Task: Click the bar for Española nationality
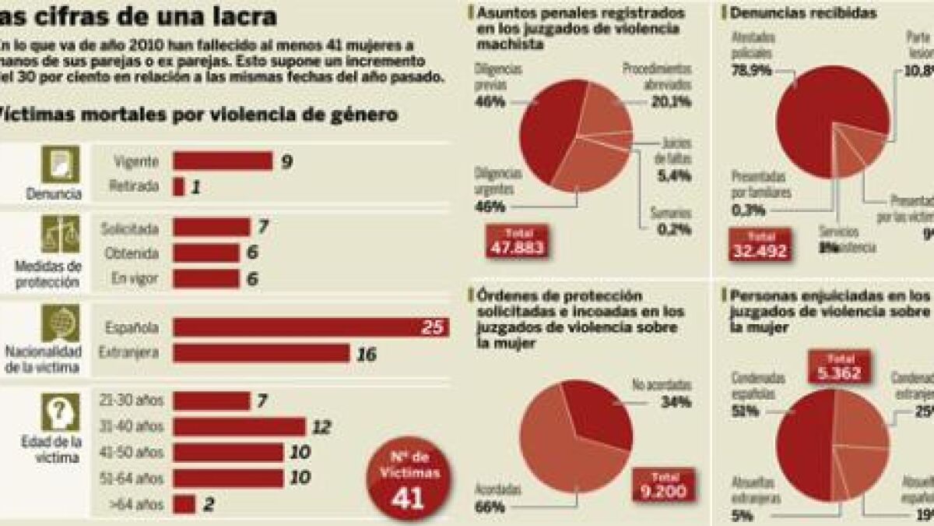click(311, 327)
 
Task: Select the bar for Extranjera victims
click(261, 354)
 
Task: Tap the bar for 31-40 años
click(239, 426)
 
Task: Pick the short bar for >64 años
click(184, 504)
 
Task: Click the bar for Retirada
click(178, 187)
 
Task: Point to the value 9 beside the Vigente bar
click(286, 161)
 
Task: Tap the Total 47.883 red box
click(514, 242)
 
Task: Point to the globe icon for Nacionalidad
click(60, 323)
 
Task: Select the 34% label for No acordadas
click(673, 402)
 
